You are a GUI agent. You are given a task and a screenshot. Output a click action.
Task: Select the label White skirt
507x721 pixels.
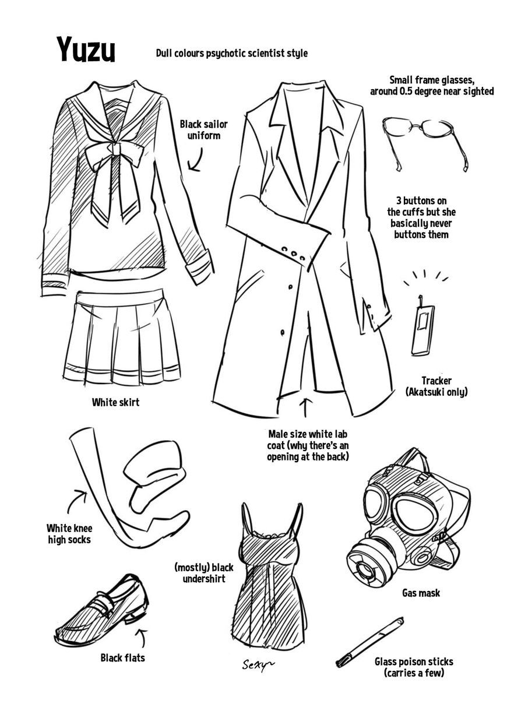pyautogui.click(x=115, y=402)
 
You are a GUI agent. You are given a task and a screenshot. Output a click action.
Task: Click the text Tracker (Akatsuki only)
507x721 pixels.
pyautogui.click(x=436, y=386)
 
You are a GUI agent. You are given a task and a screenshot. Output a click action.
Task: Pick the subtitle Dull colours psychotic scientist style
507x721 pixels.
pyautogui.click(x=232, y=53)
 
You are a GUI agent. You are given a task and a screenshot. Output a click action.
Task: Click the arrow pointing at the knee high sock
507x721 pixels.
pyautogui.click(x=76, y=501)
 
